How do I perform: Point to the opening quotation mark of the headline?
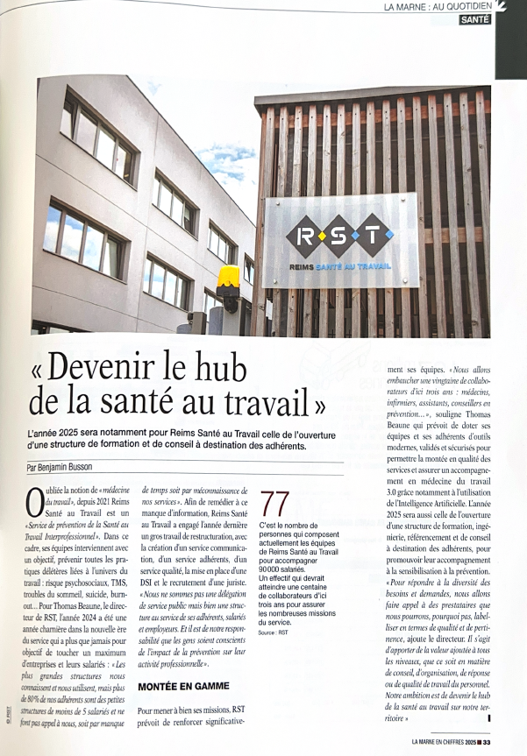(x=42, y=367)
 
